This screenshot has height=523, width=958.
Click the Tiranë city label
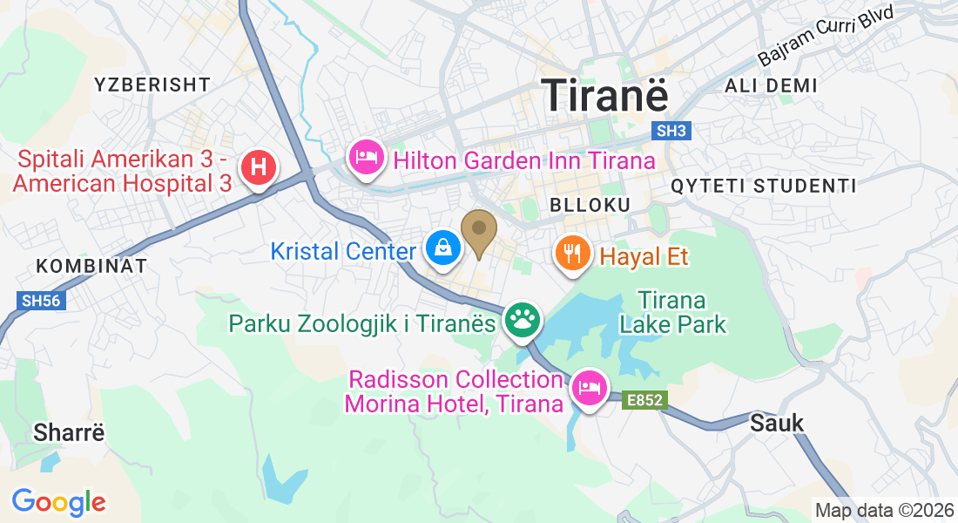pos(605,94)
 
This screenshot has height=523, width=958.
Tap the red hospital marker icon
pos(258,166)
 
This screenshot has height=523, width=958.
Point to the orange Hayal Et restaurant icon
pos(570,255)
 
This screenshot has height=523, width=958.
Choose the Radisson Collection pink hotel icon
pos(589,388)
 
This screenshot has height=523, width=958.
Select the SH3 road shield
pos(671,131)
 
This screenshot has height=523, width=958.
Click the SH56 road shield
pos(43,300)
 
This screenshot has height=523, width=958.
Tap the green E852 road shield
pos(644,400)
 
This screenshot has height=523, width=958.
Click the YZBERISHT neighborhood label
pos(152,85)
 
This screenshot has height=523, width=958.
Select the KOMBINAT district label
pos(91,266)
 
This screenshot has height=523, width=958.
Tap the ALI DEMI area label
pos(771,85)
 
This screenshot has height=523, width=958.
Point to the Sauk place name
pos(777,423)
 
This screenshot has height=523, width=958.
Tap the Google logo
pos(58,502)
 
